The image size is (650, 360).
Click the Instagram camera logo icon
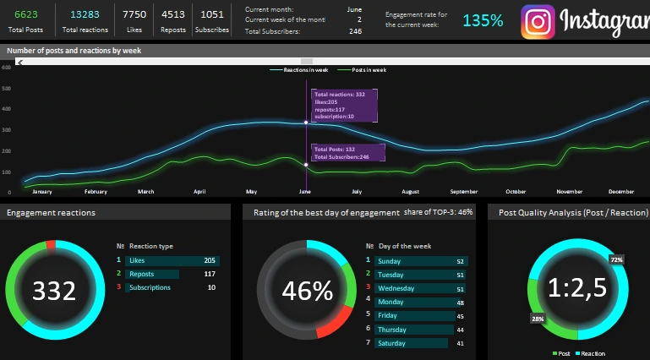(x=538, y=23)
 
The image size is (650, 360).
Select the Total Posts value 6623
(x=26, y=14)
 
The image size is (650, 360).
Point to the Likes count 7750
(x=134, y=14)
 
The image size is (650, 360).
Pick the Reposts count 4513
(x=173, y=14)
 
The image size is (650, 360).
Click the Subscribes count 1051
(x=213, y=14)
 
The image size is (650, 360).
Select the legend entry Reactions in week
(x=301, y=69)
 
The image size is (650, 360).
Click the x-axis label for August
(x=410, y=192)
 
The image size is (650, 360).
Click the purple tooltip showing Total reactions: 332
(x=343, y=105)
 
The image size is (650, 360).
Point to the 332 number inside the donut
(x=54, y=291)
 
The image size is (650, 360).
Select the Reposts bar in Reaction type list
(x=152, y=274)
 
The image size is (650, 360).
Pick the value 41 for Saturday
(x=460, y=343)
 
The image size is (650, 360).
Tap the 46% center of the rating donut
(x=307, y=291)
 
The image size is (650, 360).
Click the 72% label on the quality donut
(x=617, y=259)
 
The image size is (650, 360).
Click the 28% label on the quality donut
(x=538, y=319)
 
